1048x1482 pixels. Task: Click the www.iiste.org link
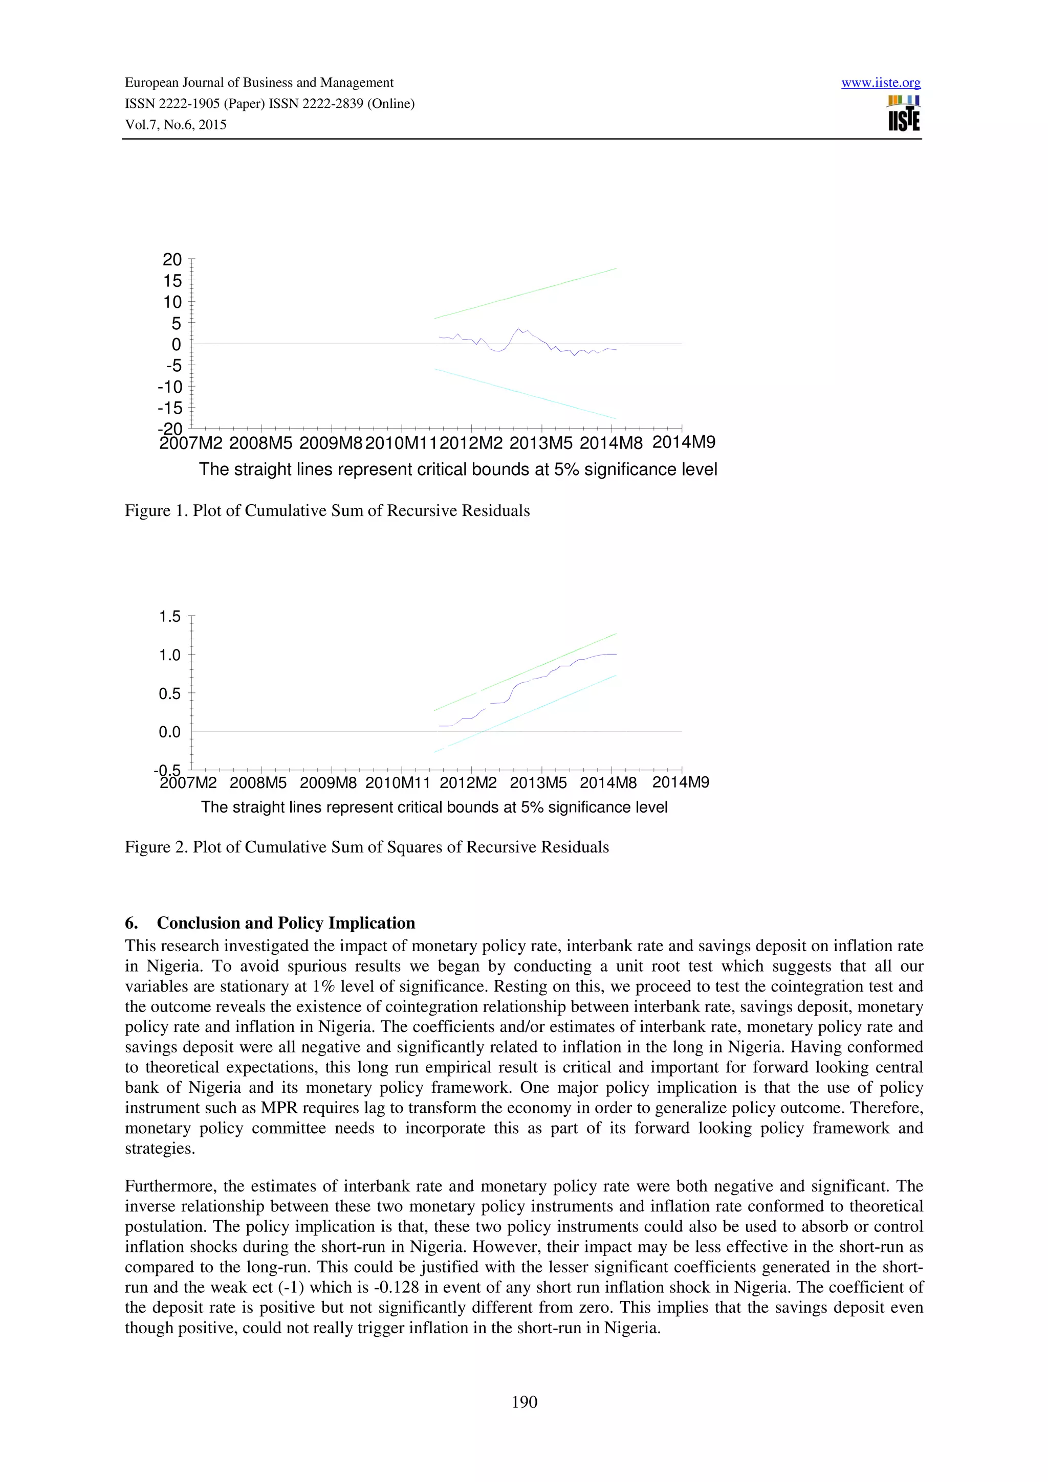click(x=881, y=83)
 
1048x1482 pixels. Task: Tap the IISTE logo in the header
click(x=904, y=114)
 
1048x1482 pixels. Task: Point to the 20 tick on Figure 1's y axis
click(x=172, y=259)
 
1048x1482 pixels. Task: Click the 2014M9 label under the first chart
click(x=683, y=442)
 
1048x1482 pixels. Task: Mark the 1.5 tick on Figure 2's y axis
click(x=170, y=616)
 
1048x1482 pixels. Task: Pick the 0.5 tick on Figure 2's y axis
click(x=170, y=694)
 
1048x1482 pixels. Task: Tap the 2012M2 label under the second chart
click(x=468, y=783)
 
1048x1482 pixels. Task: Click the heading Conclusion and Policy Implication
click(x=286, y=923)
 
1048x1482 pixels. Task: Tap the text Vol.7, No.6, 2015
click(x=176, y=125)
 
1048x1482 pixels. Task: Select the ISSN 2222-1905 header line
click(x=269, y=104)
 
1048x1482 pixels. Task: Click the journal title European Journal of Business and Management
click(x=258, y=83)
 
